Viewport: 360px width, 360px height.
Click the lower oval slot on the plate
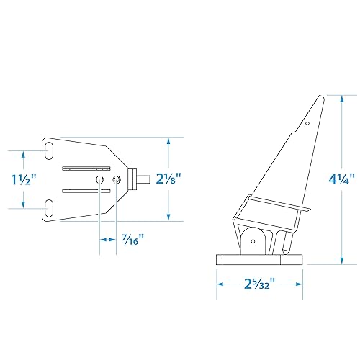pyautogui.click(x=49, y=208)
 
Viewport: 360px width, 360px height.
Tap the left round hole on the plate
pyautogui.click(x=100, y=179)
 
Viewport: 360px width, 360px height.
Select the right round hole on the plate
pyautogui.click(x=115, y=179)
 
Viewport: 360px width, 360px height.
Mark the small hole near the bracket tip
pyautogui.click(x=307, y=124)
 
